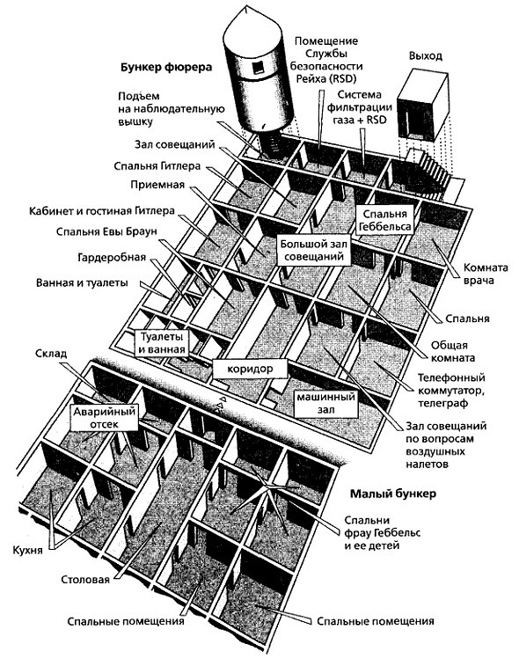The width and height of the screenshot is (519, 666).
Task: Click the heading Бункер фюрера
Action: coord(166,67)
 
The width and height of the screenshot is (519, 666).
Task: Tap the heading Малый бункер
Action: coord(393,494)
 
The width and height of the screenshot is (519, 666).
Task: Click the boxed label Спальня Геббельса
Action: coord(385,220)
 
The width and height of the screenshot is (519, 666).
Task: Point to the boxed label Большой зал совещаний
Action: coord(313,250)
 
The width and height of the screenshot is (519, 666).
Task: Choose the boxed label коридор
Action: coord(250,369)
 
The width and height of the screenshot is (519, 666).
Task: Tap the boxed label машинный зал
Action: coord(325,403)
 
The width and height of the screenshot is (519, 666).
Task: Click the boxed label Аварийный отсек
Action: coord(105,418)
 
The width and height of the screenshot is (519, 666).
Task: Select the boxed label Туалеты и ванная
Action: coord(162,343)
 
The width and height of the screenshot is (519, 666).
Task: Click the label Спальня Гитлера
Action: coord(157,165)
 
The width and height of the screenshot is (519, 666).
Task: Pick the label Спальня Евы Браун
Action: coord(106,232)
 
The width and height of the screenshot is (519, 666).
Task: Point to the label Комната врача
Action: coord(486,274)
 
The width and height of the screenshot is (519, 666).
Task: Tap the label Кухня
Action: coord(27,550)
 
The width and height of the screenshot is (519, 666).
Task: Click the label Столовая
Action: coord(85,580)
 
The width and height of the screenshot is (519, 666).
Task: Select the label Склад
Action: coord(51,354)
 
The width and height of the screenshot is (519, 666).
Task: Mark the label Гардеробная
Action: coord(112,257)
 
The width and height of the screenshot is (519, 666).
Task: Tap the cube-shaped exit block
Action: coord(422,106)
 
